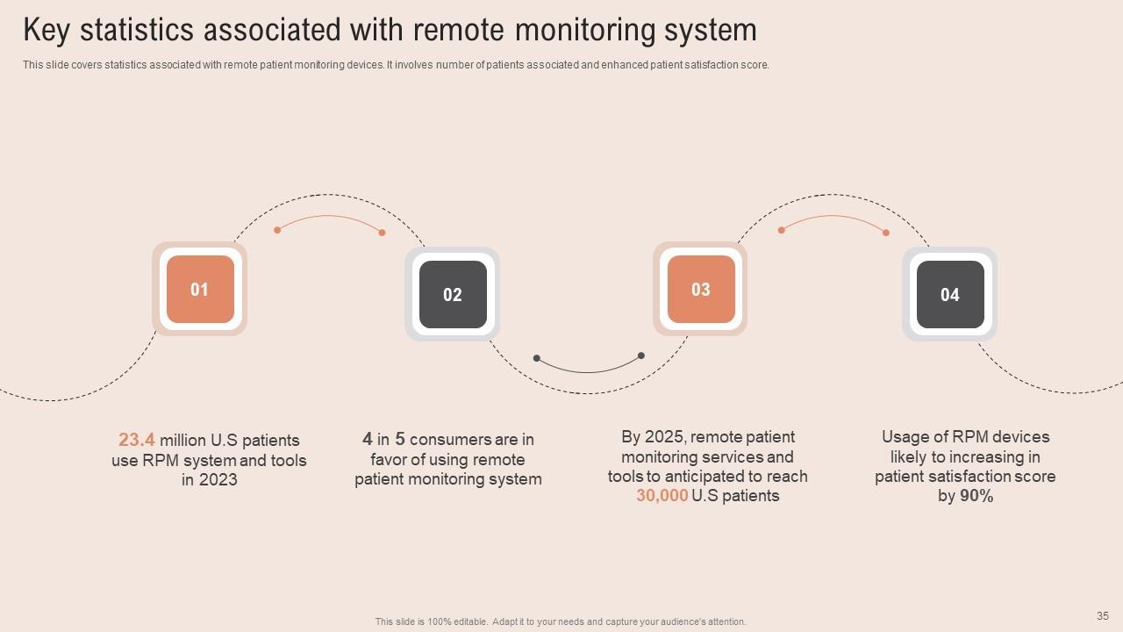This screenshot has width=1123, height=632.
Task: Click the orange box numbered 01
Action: point(200,290)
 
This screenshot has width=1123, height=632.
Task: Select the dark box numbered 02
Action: point(452,295)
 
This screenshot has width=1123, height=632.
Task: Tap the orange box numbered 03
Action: point(700,290)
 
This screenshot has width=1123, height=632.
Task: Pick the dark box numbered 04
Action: point(950,295)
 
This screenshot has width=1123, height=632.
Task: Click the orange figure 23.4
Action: point(137,440)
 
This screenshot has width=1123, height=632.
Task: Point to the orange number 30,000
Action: point(662,496)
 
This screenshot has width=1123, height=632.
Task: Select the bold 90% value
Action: point(976,496)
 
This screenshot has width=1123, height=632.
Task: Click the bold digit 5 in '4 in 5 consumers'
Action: point(399,439)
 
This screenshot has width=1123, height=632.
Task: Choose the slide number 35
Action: point(1103,616)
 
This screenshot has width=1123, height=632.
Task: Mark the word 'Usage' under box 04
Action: point(905,437)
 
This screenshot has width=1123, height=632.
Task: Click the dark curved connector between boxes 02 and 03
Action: point(589,370)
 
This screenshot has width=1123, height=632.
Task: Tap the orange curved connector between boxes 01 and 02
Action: point(329,217)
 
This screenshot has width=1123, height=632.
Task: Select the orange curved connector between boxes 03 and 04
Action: point(833,217)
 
